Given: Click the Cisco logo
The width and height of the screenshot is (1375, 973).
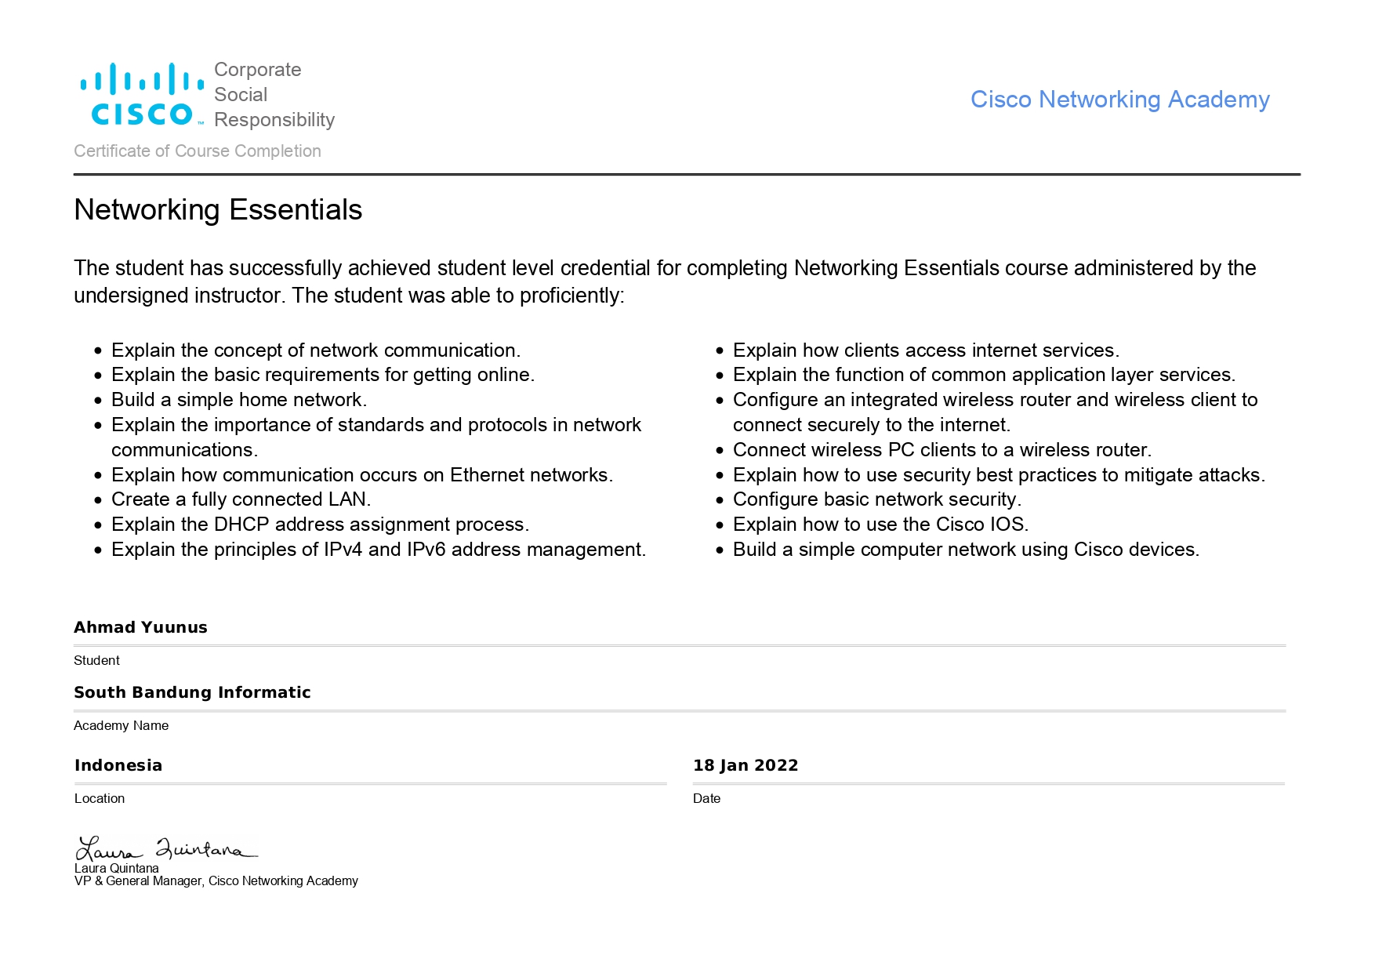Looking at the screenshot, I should [142, 95].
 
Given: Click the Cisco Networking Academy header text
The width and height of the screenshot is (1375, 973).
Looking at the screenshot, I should [1119, 100].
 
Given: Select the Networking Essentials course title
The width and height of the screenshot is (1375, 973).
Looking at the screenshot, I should [218, 210].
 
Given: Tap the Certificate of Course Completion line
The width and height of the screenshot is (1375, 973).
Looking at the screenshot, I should [198, 151].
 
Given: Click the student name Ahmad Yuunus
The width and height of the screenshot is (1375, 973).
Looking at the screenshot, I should [140, 627].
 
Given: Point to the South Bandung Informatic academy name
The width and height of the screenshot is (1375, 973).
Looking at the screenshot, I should [192, 692].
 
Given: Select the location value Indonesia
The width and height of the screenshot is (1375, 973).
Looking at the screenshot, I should [118, 765].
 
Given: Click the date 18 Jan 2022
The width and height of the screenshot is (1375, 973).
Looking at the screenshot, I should [746, 765].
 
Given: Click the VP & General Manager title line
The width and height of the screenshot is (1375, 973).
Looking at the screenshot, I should [216, 881].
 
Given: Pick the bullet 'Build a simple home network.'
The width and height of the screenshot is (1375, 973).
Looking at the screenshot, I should [239, 400].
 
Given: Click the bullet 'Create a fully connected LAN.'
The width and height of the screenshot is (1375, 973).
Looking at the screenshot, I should [241, 499].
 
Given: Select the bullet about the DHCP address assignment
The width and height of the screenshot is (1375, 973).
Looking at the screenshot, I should [320, 525].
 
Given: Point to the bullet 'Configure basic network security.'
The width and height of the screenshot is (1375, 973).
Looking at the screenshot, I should [877, 499].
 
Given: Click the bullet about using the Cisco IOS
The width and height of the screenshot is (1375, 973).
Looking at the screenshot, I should [880, 525].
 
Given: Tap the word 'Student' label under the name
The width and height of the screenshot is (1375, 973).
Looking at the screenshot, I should [96, 661].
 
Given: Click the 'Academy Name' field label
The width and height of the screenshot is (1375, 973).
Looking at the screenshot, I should [121, 726].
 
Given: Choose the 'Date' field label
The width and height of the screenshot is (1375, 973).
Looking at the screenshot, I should [706, 799].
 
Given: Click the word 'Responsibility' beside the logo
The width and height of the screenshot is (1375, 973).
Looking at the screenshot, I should [274, 120].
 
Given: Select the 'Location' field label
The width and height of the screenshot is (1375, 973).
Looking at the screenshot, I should [100, 799].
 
